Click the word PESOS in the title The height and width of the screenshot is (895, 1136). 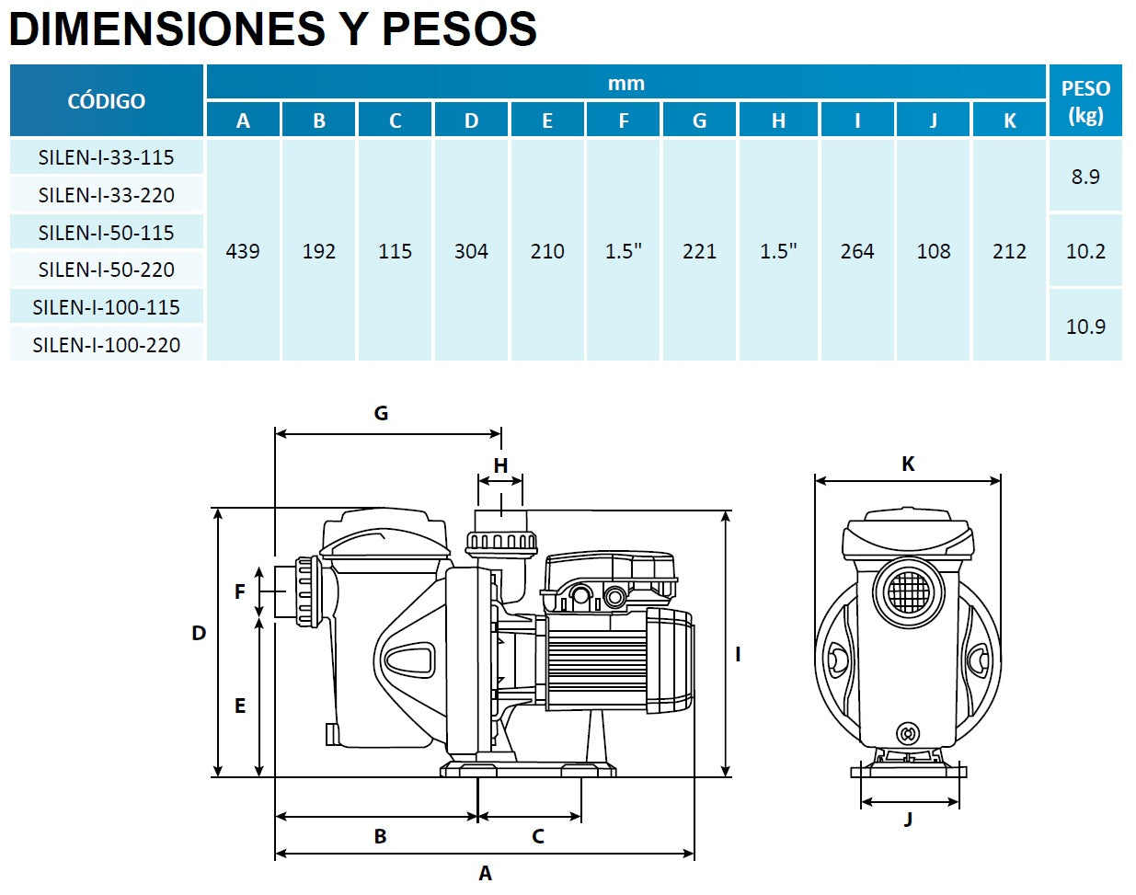tap(459, 29)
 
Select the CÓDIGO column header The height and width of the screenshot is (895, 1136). tap(106, 101)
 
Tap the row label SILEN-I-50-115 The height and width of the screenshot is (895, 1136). tap(106, 233)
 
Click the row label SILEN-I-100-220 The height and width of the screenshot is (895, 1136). tap(106, 345)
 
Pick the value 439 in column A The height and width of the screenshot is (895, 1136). tap(243, 251)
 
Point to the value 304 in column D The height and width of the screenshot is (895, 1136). tap(471, 251)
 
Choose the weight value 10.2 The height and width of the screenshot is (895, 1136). tap(1085, 251)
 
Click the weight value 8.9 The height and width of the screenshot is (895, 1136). tap(1085, 177)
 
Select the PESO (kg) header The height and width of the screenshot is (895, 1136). tap(1085, 101)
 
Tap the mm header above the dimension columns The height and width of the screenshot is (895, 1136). tap(625, 84)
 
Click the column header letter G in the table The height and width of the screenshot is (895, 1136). tap(699, 120)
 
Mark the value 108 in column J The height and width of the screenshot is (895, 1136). tap(933, 251)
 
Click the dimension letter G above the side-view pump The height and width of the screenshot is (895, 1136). tap(381, 414)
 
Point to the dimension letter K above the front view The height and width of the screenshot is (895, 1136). tap(908, 465)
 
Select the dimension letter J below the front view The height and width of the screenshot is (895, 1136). tap(908, 819)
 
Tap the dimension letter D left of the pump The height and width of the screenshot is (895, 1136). tap(199, 633)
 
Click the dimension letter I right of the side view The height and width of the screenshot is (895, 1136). tap(738, 654)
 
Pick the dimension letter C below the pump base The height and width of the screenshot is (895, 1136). tap(538, 836)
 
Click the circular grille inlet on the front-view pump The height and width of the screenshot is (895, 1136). tap(908, 591)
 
